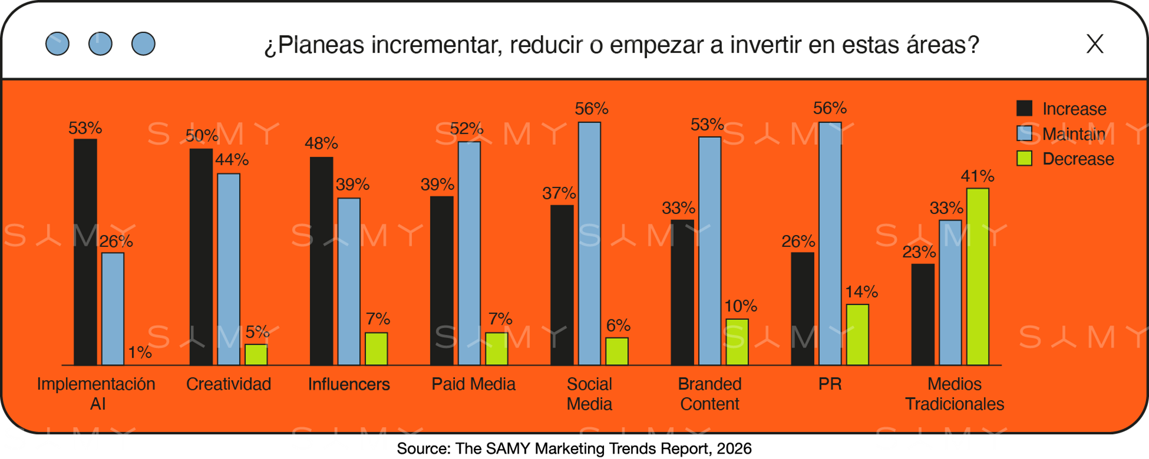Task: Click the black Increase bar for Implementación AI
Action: point(85,252)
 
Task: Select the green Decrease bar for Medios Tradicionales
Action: point(978,277)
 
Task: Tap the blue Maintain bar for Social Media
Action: point(589,244)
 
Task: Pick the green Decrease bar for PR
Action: point(857,335)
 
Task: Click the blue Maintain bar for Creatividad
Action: point(229,269)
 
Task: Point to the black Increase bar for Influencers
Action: point(322,261)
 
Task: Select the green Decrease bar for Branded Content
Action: point(737,342)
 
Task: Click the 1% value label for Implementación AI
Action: point(140,352)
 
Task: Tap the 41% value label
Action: point(978,176)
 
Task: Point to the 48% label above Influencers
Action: point(321,143)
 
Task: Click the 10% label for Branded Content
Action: point(741,306)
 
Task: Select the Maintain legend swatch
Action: point(1025,134)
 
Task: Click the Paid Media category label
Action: point(473,384)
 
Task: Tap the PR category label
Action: point(830,384)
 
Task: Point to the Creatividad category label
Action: point(229,384)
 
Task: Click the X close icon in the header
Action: point(1095,44)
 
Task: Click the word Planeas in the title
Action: point(322,45)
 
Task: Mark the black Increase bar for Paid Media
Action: point(442,280)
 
